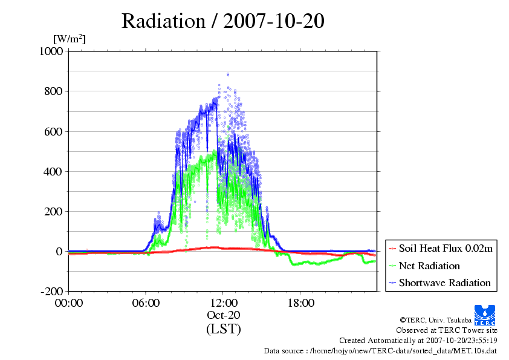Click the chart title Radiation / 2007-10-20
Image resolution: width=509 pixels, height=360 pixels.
point(222,21)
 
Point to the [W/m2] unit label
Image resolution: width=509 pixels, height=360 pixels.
point(70,39)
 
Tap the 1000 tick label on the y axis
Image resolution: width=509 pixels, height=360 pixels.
point(51,51)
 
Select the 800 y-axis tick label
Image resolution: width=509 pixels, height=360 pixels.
point(53,91)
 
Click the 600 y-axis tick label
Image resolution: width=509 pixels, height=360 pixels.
point(53,131)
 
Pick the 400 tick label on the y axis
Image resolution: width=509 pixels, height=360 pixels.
point(53,172)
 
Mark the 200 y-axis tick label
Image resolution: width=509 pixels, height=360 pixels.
point(53,212)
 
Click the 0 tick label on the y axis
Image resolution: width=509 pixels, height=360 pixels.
point(59,252)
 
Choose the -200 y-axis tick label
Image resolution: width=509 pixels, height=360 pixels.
point(51,292)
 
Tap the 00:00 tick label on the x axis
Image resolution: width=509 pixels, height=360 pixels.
point(69,303)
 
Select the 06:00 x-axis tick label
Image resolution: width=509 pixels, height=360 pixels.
point(146,303)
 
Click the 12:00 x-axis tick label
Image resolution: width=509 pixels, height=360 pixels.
point(223,303)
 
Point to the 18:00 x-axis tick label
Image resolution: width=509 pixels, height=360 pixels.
point(301,303)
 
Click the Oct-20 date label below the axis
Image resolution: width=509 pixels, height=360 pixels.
point(223,315)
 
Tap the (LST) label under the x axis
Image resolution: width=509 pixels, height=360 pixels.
point(223,329)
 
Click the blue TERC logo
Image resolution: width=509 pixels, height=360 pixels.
point(485,315)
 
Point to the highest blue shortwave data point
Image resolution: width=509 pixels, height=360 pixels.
point(228,74)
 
